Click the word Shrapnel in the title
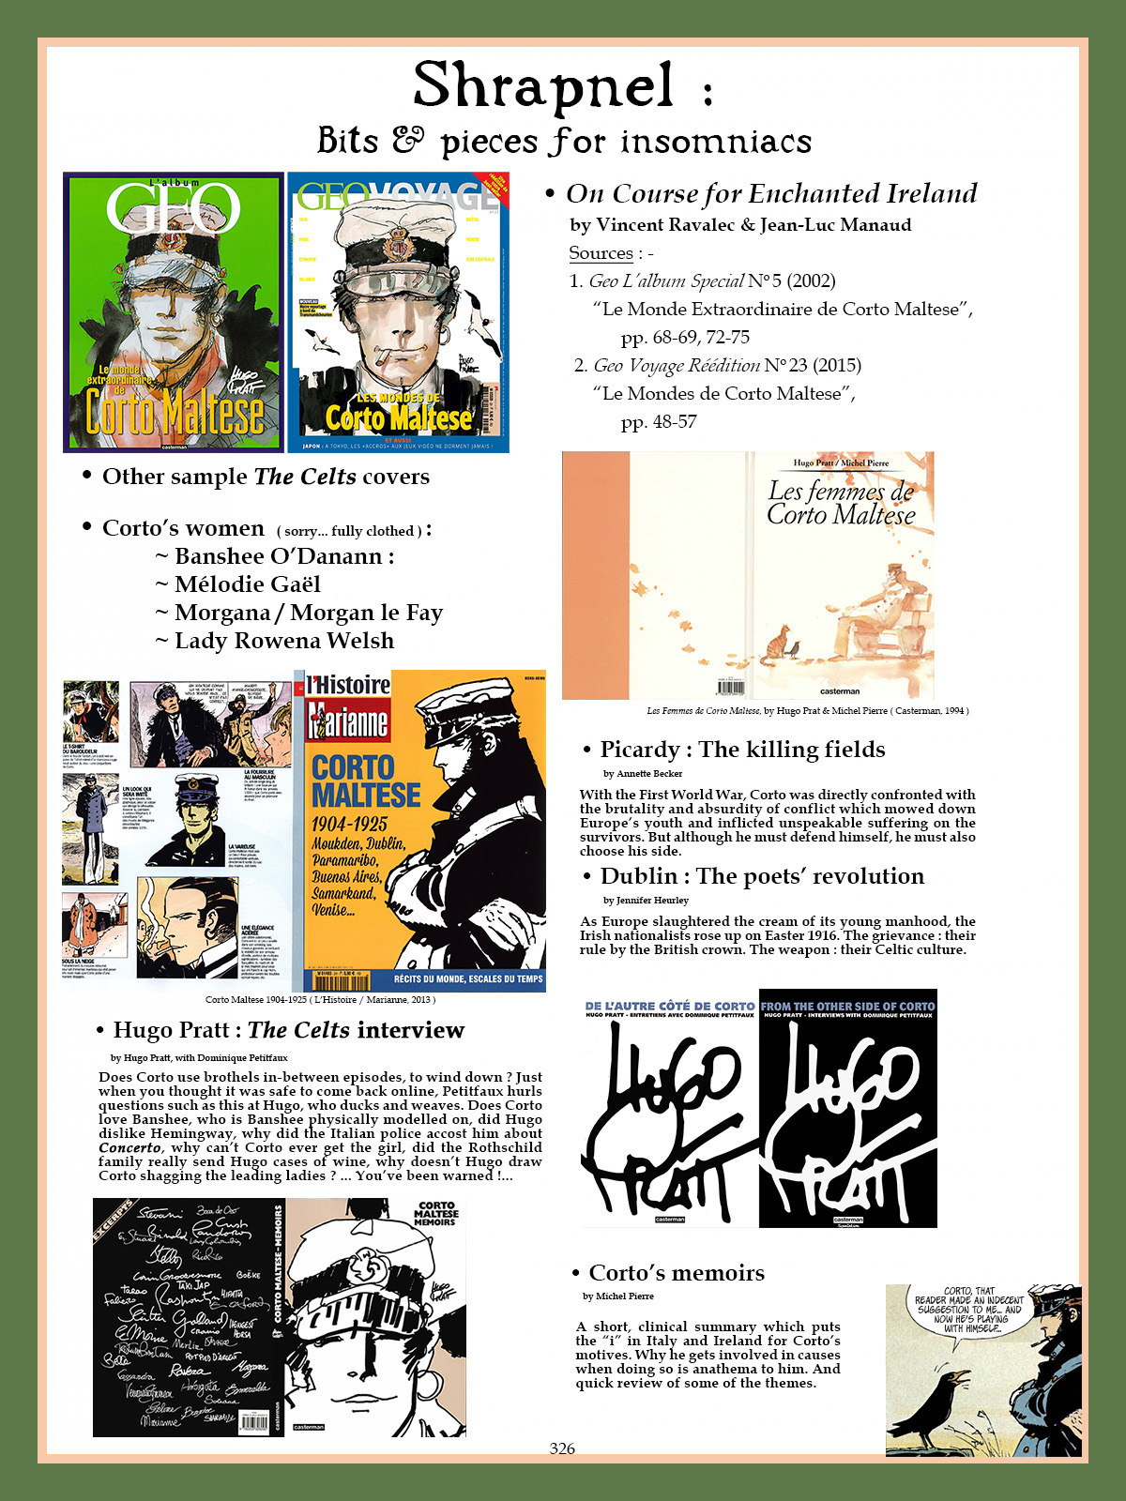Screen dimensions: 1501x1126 544,86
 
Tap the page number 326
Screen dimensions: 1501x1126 562,1448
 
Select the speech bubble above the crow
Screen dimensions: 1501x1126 968,1309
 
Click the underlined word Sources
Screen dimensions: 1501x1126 601,253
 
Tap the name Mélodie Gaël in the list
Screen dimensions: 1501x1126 247,584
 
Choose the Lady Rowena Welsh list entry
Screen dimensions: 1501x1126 283,641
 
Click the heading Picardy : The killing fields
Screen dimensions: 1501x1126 742,750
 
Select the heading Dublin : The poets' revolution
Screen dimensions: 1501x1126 762,876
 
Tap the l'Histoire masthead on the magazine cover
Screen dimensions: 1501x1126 348,685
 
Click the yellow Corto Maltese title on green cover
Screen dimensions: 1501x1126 175,413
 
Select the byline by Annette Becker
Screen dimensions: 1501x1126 643,774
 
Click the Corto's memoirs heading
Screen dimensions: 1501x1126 676,1273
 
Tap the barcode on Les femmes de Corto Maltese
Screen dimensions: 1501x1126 731,688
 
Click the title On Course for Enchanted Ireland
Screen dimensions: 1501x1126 771,193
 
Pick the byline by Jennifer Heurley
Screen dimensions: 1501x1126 646,901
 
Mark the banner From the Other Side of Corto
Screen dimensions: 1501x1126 847,1006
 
